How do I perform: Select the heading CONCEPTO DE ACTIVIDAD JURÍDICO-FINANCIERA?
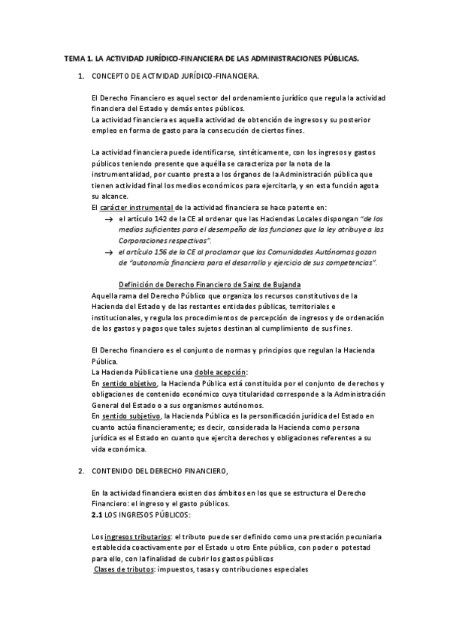point(176,77)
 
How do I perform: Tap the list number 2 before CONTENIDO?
point(80,470)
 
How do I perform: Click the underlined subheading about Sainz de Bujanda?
point(210,284)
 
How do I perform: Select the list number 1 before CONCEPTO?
point(80,77)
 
